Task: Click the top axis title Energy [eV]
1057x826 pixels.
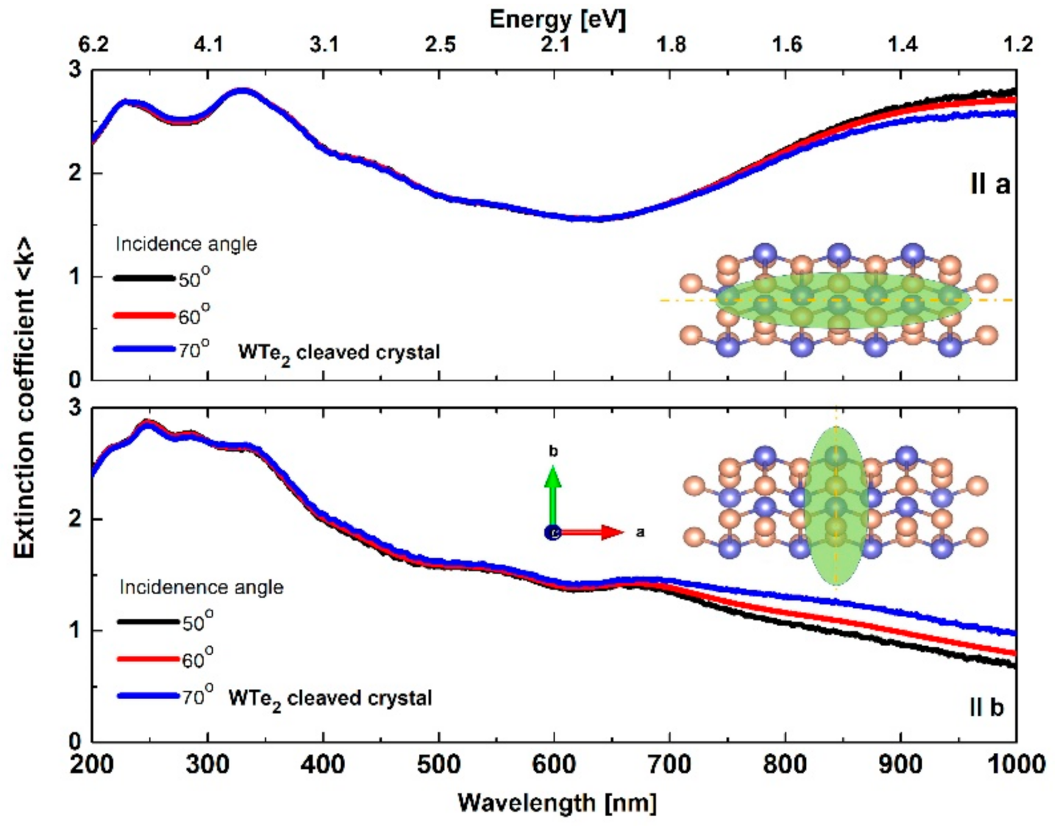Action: (557, 20)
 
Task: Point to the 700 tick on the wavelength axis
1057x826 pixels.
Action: (669, 764)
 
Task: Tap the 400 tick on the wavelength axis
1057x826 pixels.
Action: (323, 764)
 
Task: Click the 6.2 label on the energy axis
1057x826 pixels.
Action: (93, 45)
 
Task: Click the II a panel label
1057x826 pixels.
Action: (989, 183)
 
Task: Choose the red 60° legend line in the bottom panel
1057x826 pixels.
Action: (148, 659)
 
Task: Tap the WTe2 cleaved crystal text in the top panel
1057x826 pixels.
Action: (338, 353)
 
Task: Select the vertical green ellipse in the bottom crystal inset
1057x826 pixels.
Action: (836, 506)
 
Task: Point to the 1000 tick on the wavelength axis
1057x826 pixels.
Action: (1015, 764)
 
